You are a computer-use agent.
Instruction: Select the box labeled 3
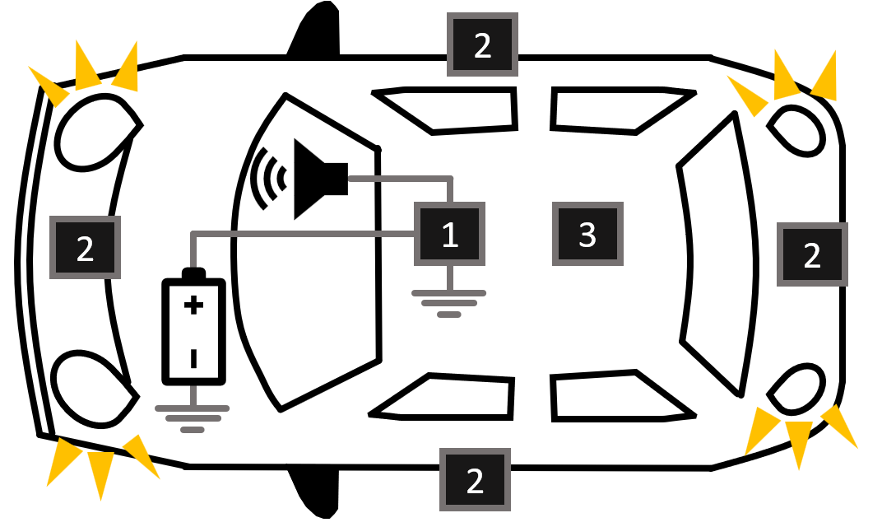(x=587, y=235)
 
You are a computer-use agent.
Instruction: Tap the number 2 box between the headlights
(x=85, y=247)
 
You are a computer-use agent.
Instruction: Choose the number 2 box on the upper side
(x=482, y=45)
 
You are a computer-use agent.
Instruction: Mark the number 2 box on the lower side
(x=475, y=481)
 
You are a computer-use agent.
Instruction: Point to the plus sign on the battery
(x=193, y=306)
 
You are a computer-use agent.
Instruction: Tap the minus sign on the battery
(x=193, y=358)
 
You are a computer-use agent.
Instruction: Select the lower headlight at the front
(x=92, y=387)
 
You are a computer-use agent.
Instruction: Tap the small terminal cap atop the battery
(x=193, y=273)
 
